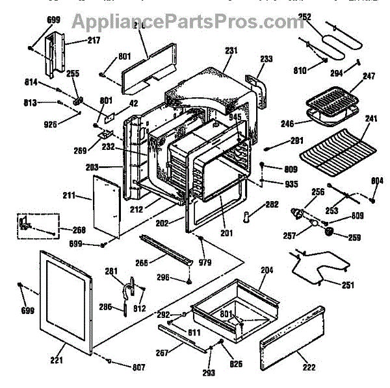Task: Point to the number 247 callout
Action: pyautogui.click(x=369, y=77)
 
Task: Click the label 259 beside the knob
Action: pyautogui.click(x=354, y=237)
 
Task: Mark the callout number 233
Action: pyautogui.click(x=267, y=58)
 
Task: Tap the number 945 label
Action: pyautogui.click(x=235, y=117)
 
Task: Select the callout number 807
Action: pyautogui.click(x=138, y=368)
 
